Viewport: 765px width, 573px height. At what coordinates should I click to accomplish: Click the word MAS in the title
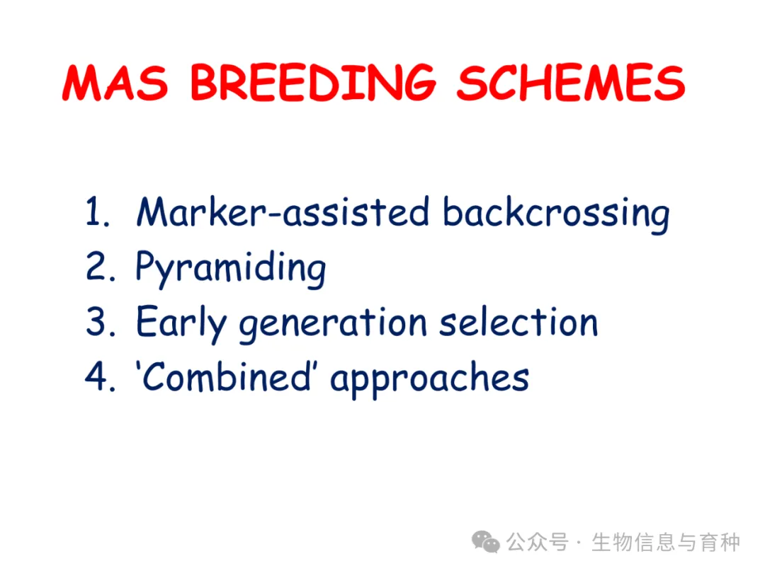point(115,82)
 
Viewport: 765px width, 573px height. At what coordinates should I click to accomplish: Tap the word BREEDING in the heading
point(313,82)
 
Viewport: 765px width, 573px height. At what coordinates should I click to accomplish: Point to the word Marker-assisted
point(283,212)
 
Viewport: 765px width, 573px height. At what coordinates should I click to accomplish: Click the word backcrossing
point(556,214)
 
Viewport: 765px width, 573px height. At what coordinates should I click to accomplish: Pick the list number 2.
point(101,266)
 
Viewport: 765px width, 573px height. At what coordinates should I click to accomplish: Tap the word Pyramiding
point(231,269)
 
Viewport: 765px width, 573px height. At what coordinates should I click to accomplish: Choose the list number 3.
point(101,321)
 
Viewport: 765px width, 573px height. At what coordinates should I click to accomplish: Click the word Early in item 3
point(181,323)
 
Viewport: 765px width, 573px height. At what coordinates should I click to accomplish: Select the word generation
point(333,323)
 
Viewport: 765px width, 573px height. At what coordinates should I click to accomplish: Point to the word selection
point(518,321)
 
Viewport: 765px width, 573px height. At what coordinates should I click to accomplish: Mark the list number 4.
point(101,376)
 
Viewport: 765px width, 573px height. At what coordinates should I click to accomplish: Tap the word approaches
point(430,379)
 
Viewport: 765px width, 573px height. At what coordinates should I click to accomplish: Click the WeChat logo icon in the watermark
point(485,542)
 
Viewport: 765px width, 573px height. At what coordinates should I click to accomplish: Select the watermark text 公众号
point(537,542)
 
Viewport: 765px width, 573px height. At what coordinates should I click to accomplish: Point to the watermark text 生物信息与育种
point(666,542)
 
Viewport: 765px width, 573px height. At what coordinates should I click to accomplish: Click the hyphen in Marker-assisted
point(275,214)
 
